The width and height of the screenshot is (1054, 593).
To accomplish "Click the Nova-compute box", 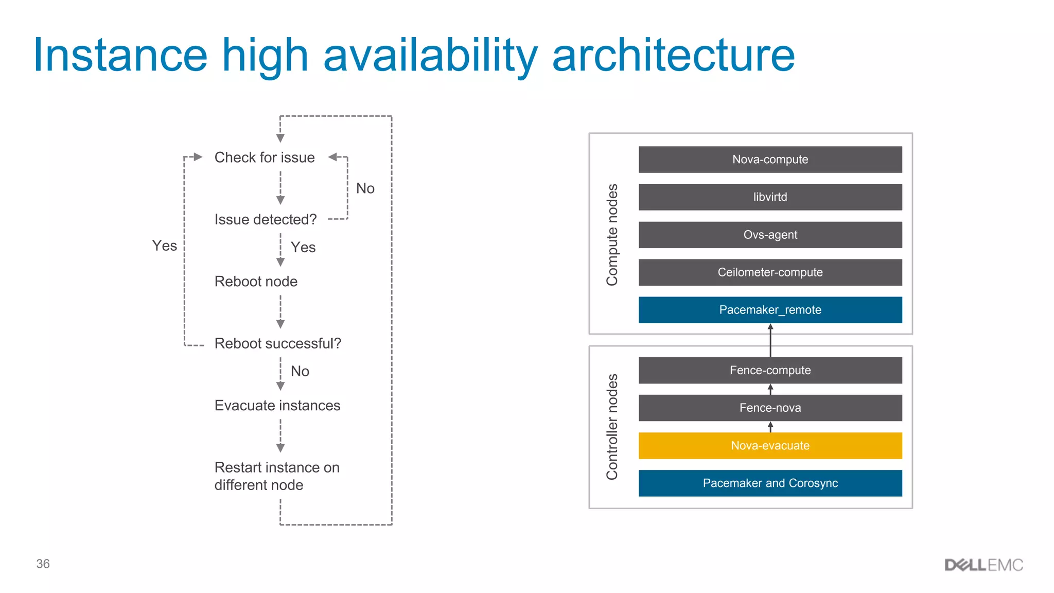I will [770, 160].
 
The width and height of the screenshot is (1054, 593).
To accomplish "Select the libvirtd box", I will [770, 197].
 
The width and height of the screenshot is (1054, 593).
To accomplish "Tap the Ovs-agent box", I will [770, 235].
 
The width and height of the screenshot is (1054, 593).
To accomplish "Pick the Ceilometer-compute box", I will [770, 272].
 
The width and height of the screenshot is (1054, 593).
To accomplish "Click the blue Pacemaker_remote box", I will [770, 310].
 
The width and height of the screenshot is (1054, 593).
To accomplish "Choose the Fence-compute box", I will [770, 370].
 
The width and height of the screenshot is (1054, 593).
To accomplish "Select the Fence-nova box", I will [770, 408].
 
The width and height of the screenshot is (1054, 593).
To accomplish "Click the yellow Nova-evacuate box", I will [770, 445].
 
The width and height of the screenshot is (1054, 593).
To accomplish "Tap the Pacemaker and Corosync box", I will [770, 483].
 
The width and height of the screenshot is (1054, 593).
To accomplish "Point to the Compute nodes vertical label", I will [612, 235].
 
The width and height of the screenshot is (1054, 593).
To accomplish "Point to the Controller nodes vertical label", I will [612, 427].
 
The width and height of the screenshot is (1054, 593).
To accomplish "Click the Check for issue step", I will [265, 158].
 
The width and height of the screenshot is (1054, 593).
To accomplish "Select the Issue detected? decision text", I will [266, 220].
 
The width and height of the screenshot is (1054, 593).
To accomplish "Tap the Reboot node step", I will [256, 282].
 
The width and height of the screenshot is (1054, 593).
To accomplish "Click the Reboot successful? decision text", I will [277, 343].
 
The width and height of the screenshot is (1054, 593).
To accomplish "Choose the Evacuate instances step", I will [277, 406].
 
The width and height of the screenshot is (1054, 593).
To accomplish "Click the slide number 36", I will [43, 564].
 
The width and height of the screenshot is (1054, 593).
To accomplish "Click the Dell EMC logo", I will [983, 565].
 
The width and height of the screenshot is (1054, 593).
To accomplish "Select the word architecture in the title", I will [673, 55].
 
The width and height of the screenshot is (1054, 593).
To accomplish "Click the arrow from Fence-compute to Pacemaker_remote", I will [770, 340].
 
